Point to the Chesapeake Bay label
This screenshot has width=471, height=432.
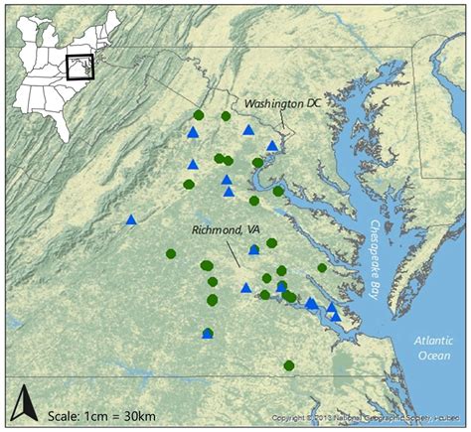pyautogui.click(x=375, y=253)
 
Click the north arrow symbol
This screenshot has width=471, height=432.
pyautogui.click(x=22, y=404)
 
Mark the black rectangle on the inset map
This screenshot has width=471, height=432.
pyautogui.click(x=78, y=67)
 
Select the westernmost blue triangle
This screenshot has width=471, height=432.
pyautogui.click(x=131, y=219)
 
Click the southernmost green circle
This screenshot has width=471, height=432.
pyautogui.click(x=289, y=365)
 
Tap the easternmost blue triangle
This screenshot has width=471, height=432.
pyautogui.click(x=335, y=316)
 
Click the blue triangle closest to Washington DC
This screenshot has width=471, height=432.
pyautogui.click(x=272, y=146)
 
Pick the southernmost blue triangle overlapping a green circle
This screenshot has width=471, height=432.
pyautogui.click(x=208, y=334)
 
